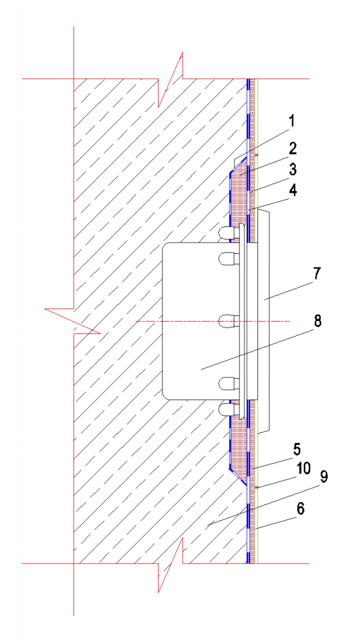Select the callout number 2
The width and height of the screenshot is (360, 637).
[x=293, y=149]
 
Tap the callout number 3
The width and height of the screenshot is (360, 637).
[x=293, y=169]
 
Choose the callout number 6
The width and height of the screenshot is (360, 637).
[x=301, y=509]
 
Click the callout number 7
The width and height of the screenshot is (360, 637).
[x=317, y=274]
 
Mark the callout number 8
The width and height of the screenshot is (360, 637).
[x=317, y=322]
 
